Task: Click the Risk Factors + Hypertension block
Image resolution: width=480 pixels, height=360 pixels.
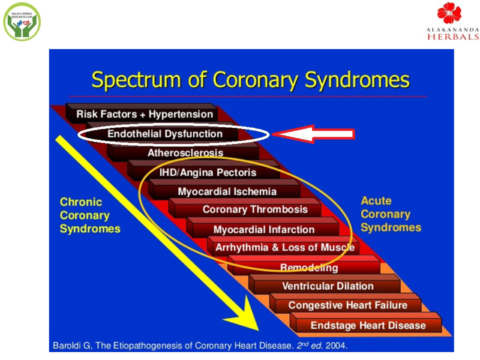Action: click(x=145, y=114)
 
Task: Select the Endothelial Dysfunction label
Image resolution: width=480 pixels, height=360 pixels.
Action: click(x=164, y=134)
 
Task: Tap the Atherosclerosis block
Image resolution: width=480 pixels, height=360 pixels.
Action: click(x=185, y=153)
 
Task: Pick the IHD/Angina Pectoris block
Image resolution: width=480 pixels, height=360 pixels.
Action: click(x=207, y=173)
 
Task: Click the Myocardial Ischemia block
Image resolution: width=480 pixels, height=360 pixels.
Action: click(x=227, y=192)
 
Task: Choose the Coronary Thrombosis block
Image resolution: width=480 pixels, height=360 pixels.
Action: click(x=255, y=210)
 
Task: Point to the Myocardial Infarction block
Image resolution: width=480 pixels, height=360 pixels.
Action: click(x=264, y=230)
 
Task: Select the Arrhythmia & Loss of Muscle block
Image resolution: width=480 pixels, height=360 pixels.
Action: click(x=285, y=247)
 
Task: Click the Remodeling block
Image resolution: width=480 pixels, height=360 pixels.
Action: click(x=309, y=268)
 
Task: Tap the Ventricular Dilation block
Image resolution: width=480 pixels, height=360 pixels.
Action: click(x=328, y=286)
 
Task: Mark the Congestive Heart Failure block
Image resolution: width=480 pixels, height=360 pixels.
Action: click(x=347, y=305)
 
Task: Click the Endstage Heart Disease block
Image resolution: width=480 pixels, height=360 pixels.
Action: click(x=368, y=326)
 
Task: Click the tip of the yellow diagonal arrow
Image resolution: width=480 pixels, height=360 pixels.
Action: click(x=257, y=328)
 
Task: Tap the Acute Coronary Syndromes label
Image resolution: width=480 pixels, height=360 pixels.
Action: click(x=391, y=214)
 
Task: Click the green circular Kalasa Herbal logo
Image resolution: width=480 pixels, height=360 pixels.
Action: click(x=22, y=21)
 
